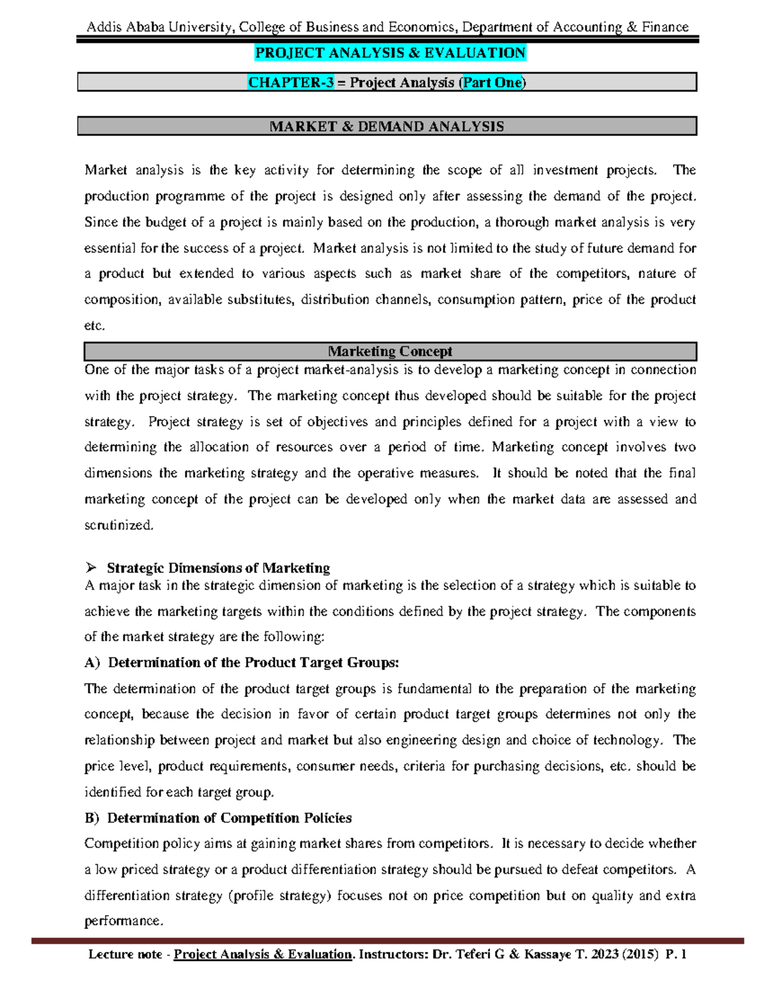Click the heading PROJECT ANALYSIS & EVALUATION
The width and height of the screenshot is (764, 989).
coord(390,53)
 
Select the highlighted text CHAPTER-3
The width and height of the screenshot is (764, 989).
coord(290,83)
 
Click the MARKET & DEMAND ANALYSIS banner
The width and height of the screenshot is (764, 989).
coord(386,127)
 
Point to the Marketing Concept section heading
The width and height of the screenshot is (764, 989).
coord(390,352)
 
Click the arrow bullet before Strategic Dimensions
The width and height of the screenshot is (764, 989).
coord(90,567)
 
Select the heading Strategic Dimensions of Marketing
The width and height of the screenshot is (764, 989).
coord(218,568)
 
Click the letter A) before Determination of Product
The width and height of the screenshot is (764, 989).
coord(92,663)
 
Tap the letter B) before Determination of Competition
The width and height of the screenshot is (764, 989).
coord(92,818)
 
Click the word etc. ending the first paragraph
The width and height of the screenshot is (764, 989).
coord(94,326)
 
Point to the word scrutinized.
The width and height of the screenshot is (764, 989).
coord(119,525)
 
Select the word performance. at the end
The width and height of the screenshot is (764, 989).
coord(124,921)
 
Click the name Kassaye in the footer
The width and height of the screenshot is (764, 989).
coord(548,955)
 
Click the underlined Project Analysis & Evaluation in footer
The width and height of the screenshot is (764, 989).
coord(263,955)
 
